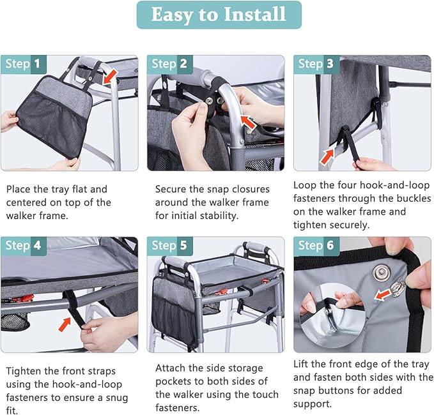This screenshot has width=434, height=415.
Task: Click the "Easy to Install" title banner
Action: (219, 15)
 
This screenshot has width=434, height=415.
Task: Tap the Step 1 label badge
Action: (23, 64)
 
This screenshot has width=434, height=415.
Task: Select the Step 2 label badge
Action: (169, 64)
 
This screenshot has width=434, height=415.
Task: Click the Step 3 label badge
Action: (316, 64)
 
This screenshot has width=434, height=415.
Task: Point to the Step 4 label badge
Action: (23, 246)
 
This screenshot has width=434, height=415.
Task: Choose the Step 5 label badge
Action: (169, 246)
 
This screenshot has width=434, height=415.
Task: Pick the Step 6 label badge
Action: (316, 246)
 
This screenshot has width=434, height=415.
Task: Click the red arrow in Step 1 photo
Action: (110, 77)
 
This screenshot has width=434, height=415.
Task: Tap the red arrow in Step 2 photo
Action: (248, 122)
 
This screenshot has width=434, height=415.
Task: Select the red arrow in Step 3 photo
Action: (327, 157)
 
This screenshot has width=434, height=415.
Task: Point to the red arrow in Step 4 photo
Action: (65, 324)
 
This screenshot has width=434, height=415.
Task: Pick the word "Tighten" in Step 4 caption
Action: (23, 372)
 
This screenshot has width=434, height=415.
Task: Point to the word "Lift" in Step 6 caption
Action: (301, 365)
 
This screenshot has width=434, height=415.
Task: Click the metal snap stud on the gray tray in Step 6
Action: (382, 272)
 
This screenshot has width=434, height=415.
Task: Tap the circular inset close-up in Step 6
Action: (333, 316)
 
